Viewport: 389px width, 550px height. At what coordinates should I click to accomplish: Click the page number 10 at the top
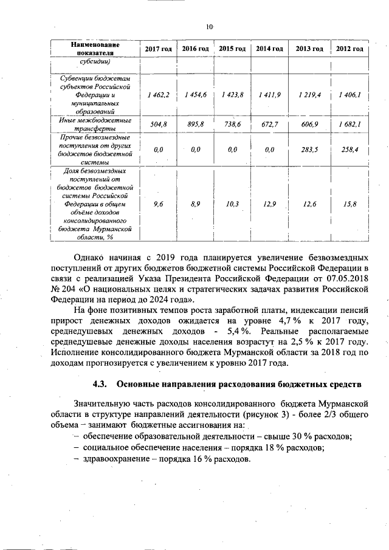tap(208, 27)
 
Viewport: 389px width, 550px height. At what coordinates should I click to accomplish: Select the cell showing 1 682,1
tap(349, 124)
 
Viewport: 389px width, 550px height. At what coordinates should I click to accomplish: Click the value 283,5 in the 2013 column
tap(309, 149)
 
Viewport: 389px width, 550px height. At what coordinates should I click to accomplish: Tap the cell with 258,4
tap(349, 149)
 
